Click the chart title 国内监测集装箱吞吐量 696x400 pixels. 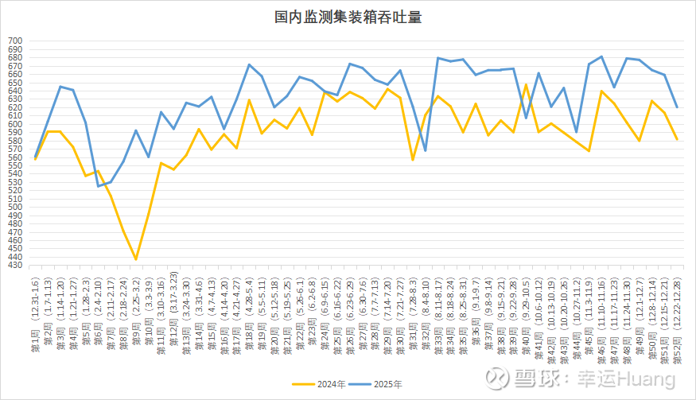347,17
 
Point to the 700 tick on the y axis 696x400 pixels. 16,41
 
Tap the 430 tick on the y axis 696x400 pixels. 16,266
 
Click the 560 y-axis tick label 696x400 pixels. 16,157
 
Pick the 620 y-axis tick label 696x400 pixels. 16,107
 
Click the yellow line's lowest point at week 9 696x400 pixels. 136,259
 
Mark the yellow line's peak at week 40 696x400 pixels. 526,84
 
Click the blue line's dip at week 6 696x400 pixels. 98,186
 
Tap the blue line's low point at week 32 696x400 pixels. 425,150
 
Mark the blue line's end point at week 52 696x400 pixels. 677,107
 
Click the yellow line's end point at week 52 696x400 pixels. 677,139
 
